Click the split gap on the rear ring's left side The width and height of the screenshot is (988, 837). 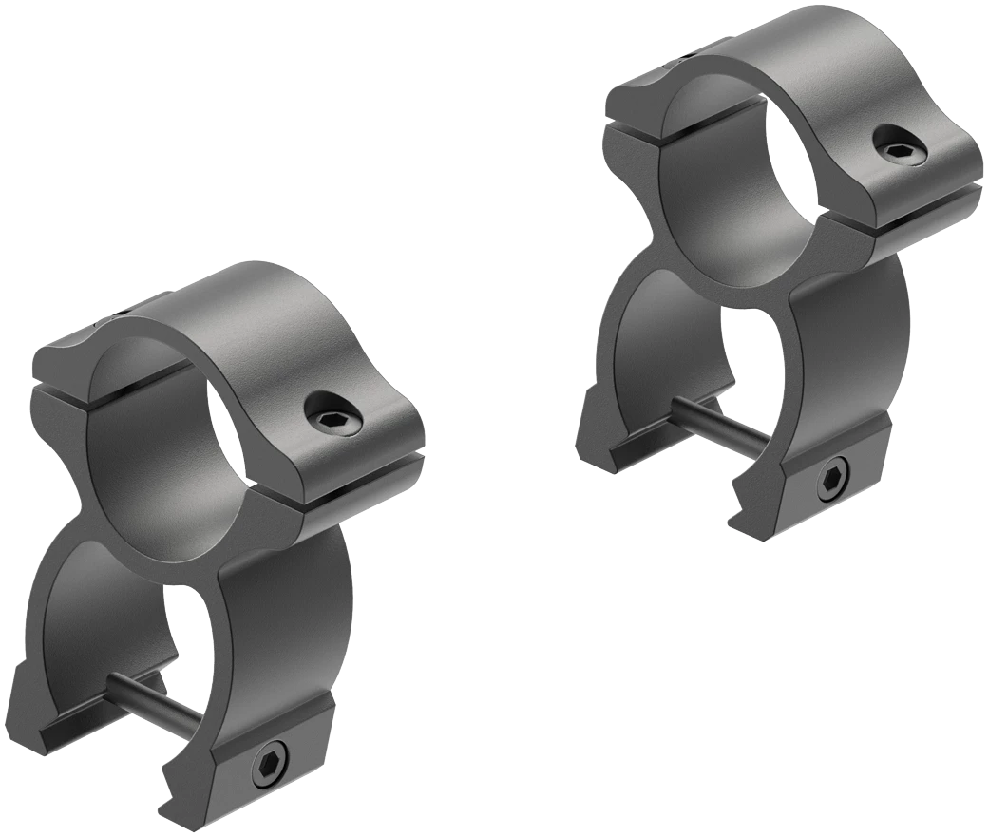pos(632,133)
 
